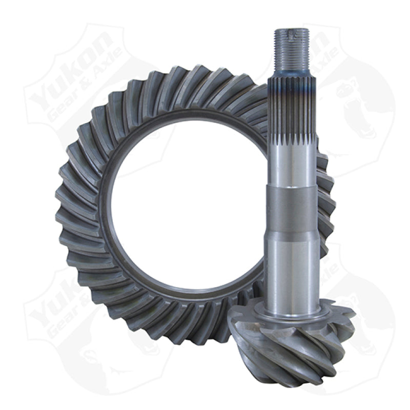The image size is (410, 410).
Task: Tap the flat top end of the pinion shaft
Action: [x=292, y=30]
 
